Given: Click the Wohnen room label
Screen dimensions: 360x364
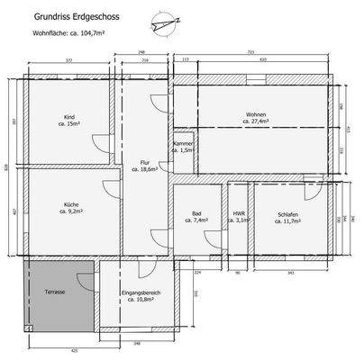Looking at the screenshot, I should [x=256, y=114].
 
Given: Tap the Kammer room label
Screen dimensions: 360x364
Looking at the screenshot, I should [x=184, y=146].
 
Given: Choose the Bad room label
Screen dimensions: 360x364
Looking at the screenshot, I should [x=196, y=215].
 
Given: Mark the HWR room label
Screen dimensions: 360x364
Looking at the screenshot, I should [x=239, y=215].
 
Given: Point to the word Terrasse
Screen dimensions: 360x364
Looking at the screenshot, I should [x=55, y=293].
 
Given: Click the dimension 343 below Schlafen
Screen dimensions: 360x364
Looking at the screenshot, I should [x=290, y=271].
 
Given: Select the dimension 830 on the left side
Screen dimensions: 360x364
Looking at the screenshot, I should [x=6, y=167].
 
